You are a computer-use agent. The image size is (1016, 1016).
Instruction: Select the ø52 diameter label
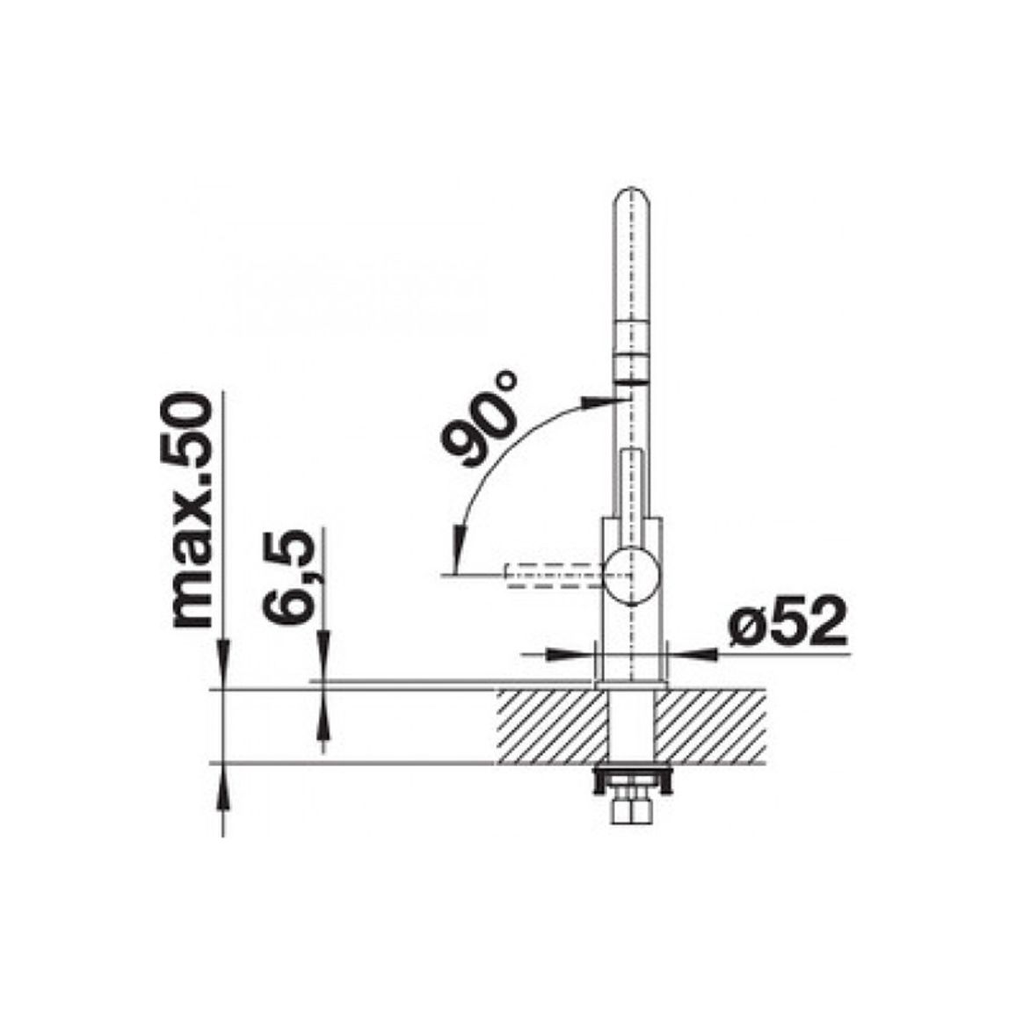coord(787,622)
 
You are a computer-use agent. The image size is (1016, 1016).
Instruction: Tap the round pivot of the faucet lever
coord(632,576)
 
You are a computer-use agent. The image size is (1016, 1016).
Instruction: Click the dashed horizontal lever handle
coord(555,576)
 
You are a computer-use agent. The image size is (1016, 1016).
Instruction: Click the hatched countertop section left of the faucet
coord(554,726)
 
